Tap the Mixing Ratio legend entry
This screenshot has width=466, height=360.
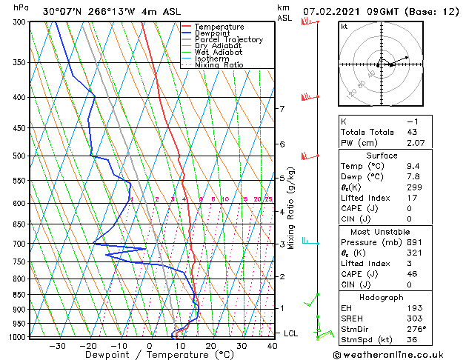coord(219,64)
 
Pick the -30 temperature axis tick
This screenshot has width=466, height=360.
coord(57,345)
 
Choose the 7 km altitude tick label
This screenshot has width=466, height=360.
coord(282,109)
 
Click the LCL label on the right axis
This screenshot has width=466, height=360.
coord(290,333)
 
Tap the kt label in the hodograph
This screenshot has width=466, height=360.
coord(344,27)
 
